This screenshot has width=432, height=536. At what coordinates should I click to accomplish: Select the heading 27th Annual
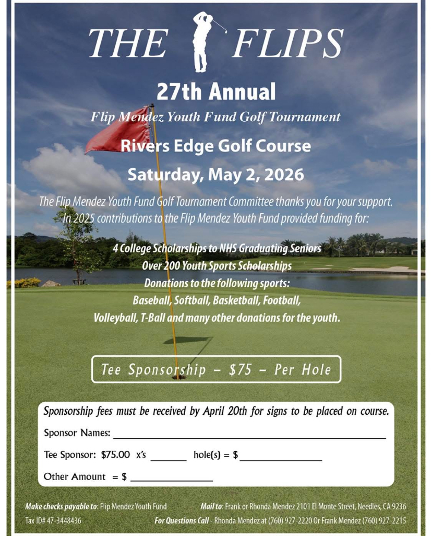(215, 92)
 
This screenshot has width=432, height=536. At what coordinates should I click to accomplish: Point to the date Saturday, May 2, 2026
(215, 174)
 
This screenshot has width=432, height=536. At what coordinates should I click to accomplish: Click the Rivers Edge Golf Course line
(215, 146)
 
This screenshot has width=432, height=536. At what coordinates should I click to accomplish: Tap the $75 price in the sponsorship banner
(240, 370)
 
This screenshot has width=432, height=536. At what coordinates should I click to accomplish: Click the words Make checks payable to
(61, 506)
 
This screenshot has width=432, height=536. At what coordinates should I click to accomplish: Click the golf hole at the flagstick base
(178, 376)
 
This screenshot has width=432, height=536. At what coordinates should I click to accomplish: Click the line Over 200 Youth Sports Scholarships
(217, 266)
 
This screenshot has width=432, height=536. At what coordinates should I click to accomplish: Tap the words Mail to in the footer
(211, 506)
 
